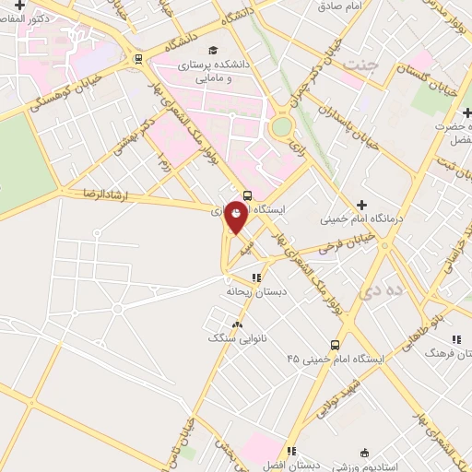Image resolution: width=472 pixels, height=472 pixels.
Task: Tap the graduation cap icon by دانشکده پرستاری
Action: [214, 50]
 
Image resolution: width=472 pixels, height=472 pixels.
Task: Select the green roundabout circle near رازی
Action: [281, 125]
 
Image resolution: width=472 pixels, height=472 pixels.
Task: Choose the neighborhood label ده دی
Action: [382, 292]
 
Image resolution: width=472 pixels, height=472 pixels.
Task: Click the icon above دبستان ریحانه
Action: [256, 276]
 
